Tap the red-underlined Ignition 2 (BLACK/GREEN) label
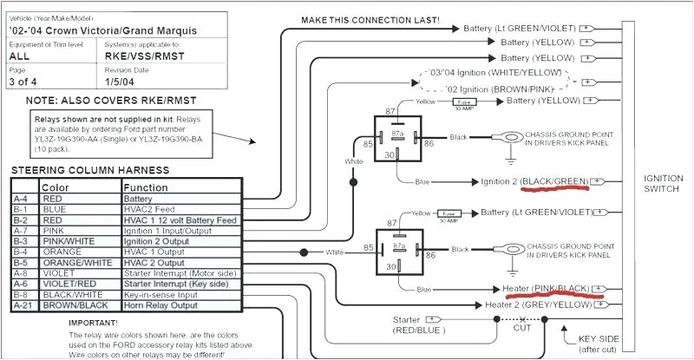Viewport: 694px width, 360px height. [x=534, y=181]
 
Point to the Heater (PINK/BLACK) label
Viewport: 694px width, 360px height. [x=546, y=287]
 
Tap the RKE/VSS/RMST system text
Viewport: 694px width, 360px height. [x=144, y=56]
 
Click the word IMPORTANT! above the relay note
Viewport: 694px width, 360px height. [x=98, y=323]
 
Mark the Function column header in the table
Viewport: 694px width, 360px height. [x=145, y=187]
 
